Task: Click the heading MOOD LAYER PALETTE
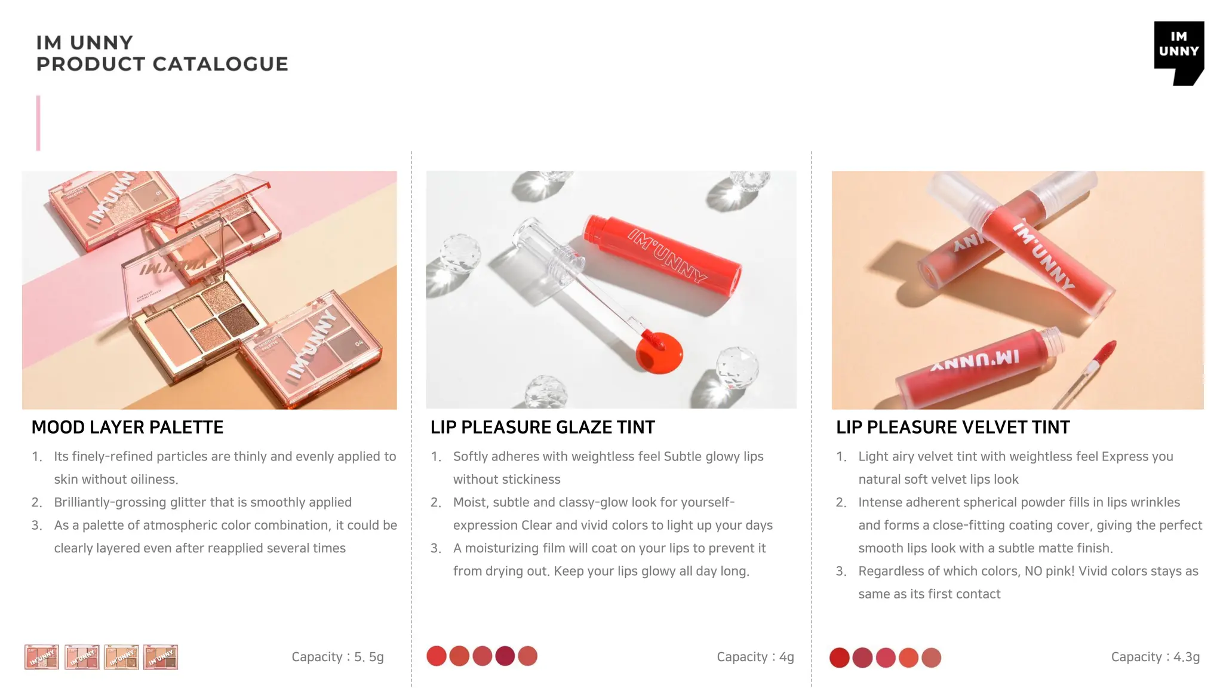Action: coord(127,428)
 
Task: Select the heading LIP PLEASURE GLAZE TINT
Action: coord(542,428)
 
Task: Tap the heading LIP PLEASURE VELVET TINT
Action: coord(952,428)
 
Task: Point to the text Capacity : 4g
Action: coord(755,657)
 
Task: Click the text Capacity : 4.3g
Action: coord(1155,657)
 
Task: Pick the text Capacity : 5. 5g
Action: coord(337,657)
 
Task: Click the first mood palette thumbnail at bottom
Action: coord(42,657)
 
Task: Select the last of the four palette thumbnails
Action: coord(161,657)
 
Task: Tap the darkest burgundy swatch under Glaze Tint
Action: coord(505,656)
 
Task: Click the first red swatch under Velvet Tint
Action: coord(839,658)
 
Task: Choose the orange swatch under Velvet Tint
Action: coord(908,658)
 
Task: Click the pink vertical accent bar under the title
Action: coord(38,123)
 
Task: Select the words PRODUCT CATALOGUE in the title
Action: coord(162,64)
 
